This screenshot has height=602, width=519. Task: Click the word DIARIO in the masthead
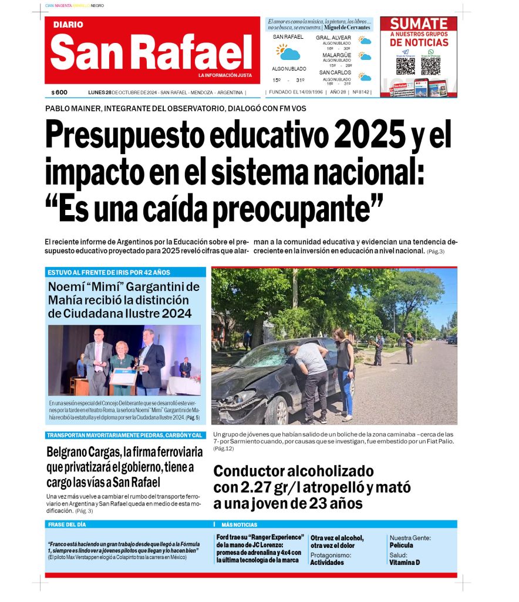point(68,25)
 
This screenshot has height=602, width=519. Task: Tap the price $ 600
point(59,92)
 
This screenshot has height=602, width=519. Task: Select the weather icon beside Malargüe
point(365,56)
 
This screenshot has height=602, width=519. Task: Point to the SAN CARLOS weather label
point(336,72)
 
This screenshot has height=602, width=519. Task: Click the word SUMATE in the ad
point(419,24)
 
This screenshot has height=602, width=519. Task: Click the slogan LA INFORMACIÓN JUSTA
point(225,75)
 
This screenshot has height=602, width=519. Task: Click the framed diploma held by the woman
point(123,377)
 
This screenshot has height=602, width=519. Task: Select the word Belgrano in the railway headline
point(70,453)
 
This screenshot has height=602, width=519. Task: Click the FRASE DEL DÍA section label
point(67,524)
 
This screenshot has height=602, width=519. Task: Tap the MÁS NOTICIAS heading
point(239,524)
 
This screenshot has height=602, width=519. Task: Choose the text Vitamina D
point(405,562)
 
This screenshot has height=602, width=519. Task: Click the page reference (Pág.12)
point(224,449)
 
